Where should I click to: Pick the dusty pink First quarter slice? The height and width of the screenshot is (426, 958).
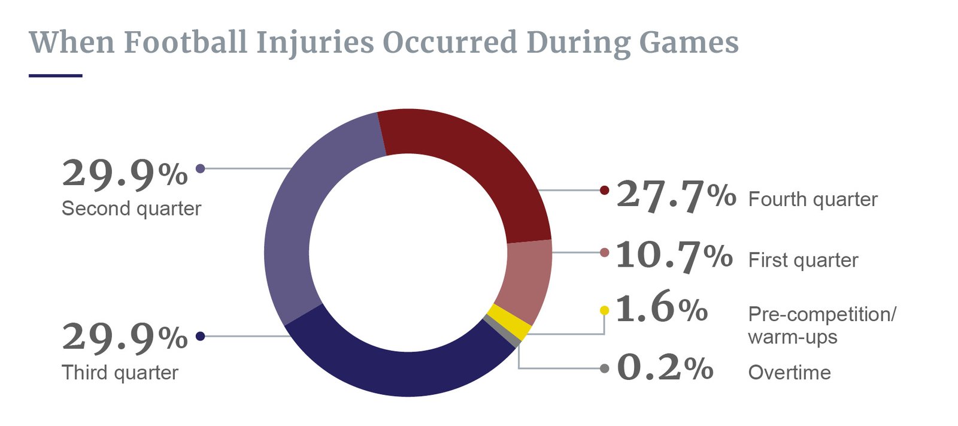(x=527, y=276)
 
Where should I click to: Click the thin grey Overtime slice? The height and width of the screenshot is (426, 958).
(x=502, y=331)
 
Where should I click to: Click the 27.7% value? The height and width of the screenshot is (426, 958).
(x=675, y=195)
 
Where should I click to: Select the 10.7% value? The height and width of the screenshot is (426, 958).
(x=674, y=256)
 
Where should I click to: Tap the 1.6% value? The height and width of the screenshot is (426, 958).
(x=661, y=309)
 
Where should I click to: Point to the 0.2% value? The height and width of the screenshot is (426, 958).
(x=665, y=367)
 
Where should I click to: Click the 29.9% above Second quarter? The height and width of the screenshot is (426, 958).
(x=125, y=174)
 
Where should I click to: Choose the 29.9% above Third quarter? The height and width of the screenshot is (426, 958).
(x=125, y=337)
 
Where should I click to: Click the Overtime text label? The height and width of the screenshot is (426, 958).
(x=789, y=373)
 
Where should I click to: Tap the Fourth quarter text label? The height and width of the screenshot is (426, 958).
(x=813, y=199)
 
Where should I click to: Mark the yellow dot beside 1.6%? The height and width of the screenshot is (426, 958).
(x=604, y=310)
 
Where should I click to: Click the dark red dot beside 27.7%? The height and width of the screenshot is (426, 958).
(x=604, y=191)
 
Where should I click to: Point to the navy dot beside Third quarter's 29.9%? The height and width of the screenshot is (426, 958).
(x=201, y=336)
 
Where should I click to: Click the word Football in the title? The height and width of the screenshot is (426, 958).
(x=186, y=42)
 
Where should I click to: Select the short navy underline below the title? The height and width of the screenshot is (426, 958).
(x=55, y=75)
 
